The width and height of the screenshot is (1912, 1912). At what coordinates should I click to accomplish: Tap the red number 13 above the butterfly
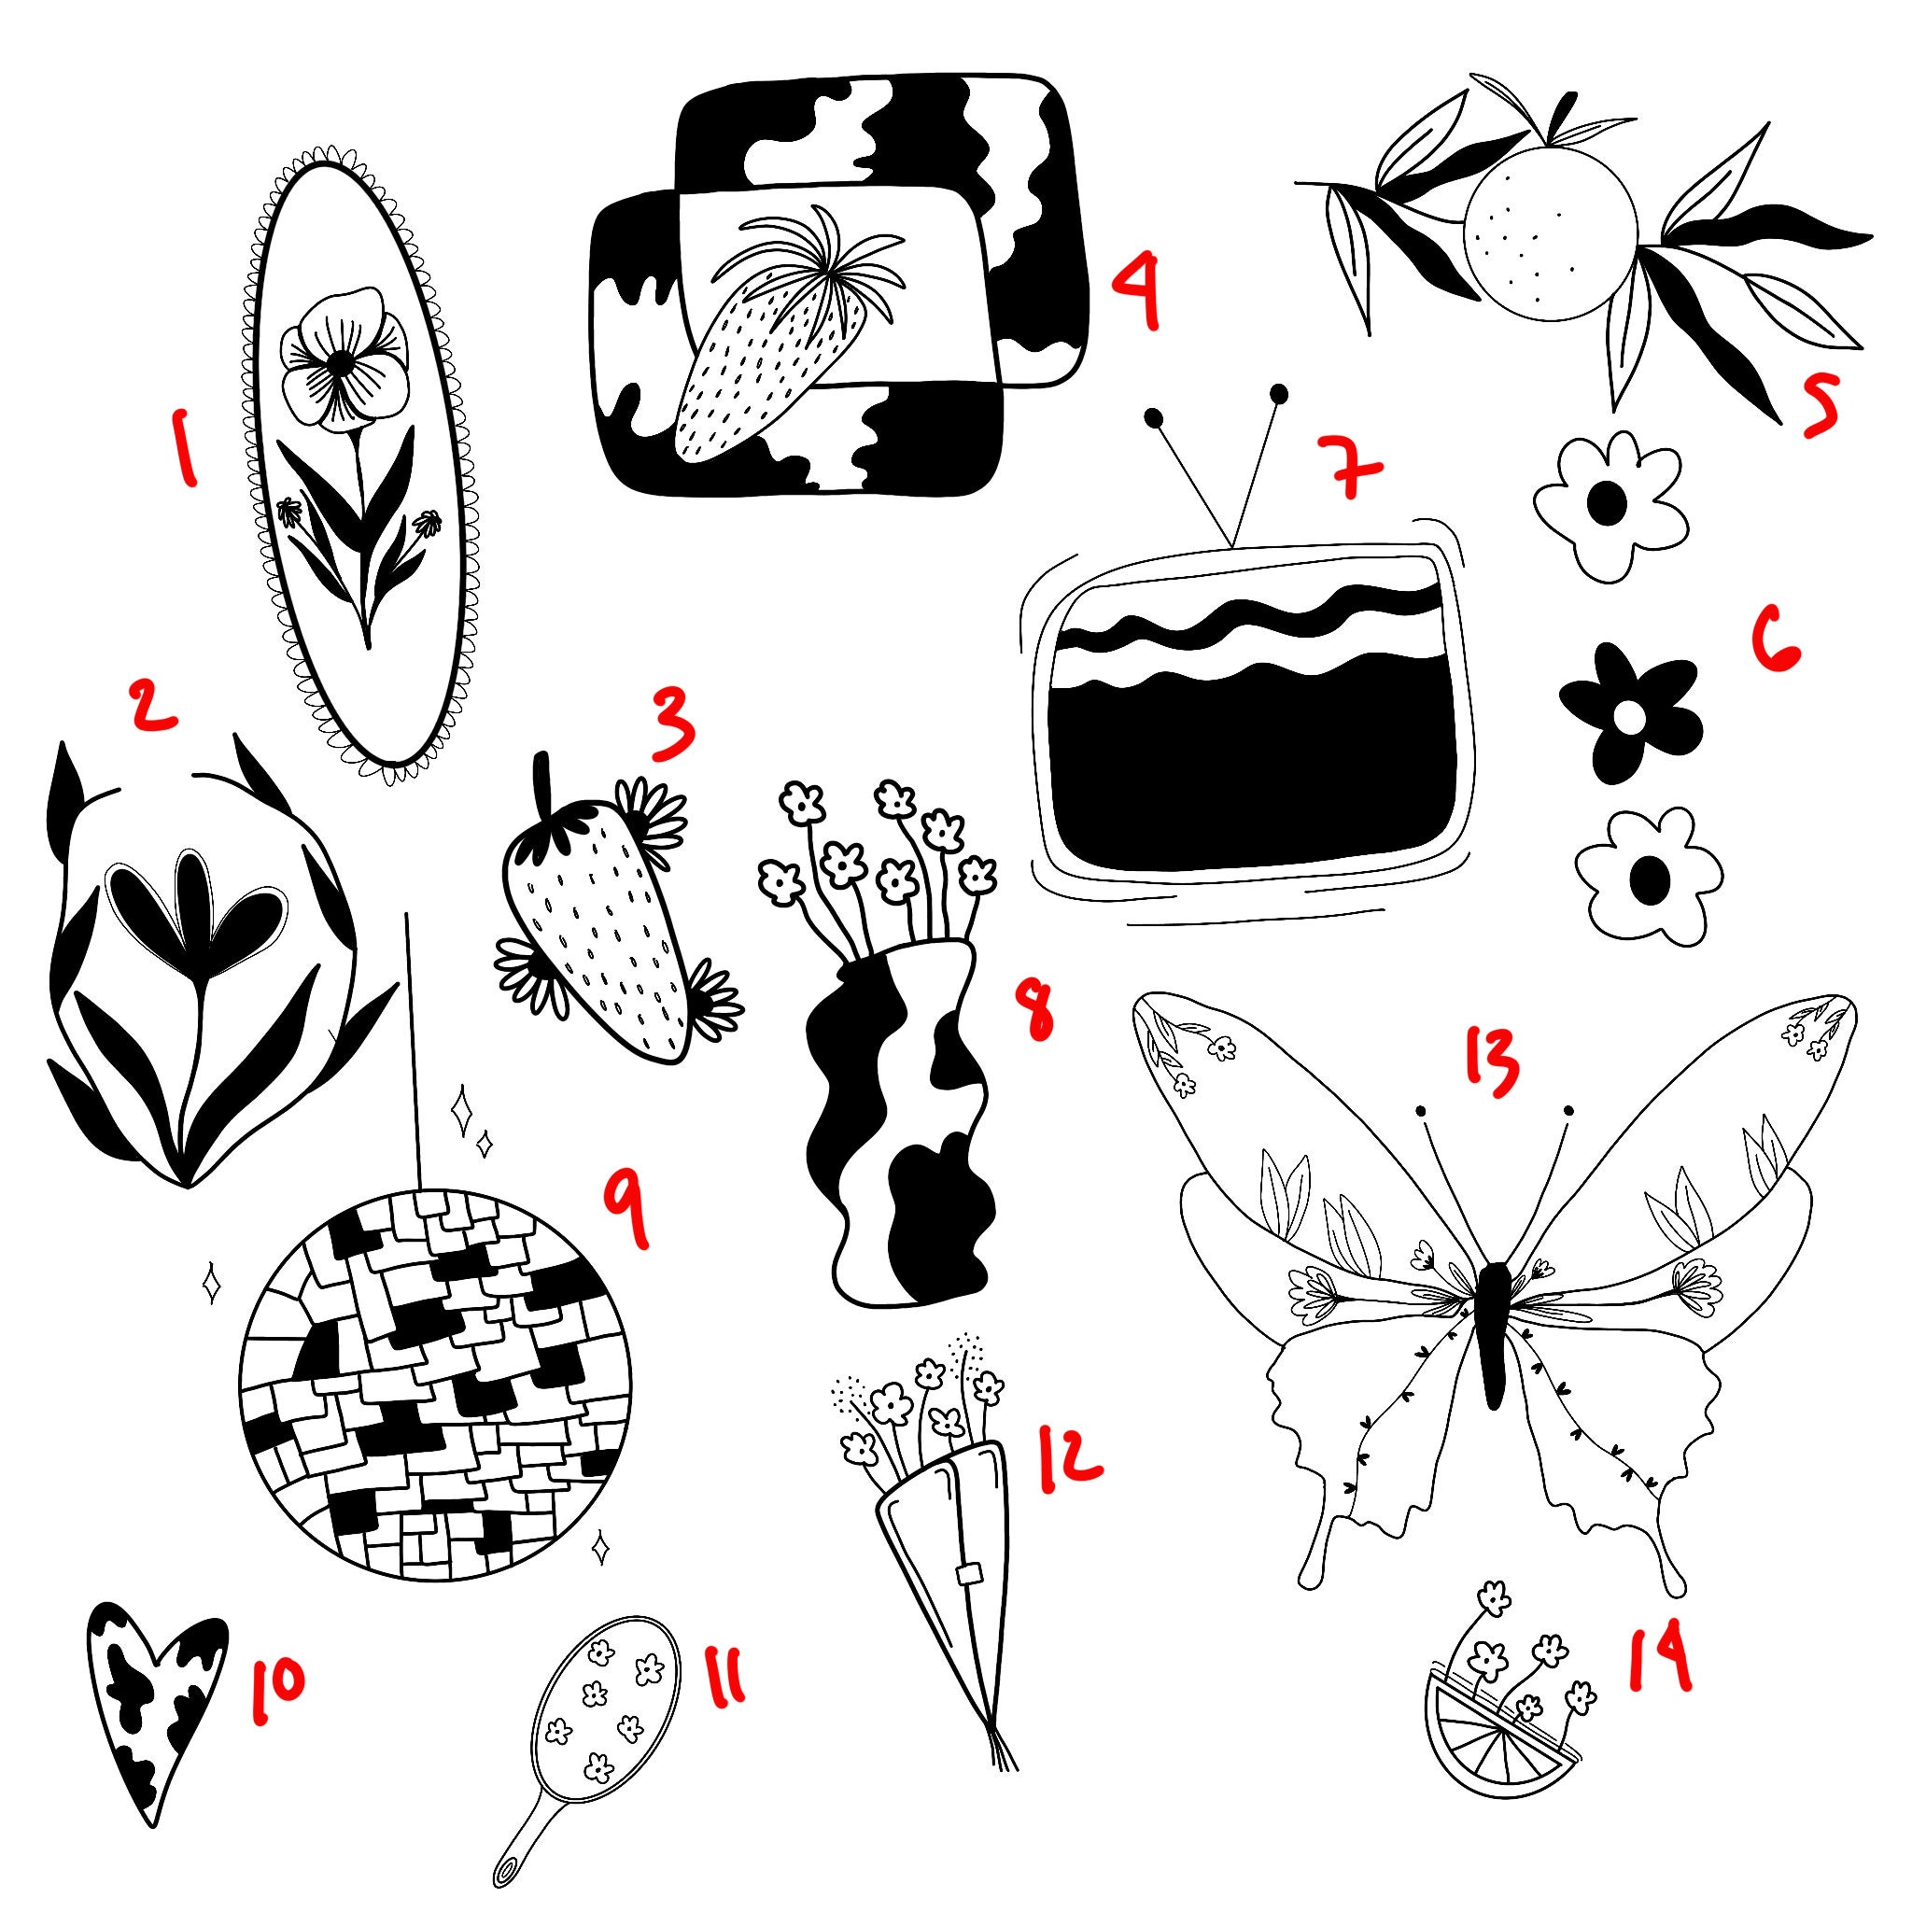(1488, 1067)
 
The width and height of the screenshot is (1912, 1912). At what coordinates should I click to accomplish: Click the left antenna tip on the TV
(1152, 417)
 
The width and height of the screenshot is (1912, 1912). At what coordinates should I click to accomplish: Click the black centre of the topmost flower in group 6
(1605, 505)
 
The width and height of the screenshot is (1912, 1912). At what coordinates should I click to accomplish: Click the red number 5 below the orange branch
(1819, 409)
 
